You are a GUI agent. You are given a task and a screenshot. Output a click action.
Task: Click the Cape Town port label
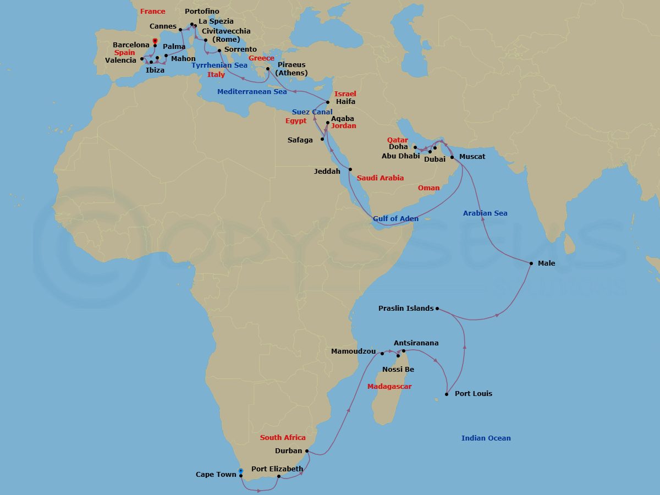pyautogui.click(x=216, y=475)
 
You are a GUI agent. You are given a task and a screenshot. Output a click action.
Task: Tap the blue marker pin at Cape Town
pyautogui.click(x=241, y=471)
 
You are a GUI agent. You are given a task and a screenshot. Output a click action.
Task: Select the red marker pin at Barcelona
pyautogui.click(x=155, y=41)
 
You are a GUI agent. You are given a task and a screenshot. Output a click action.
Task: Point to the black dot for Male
pyautogui.click(x=531, y=263)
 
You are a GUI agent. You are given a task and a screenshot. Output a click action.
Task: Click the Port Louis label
pyautogui.click(x=474, y=394)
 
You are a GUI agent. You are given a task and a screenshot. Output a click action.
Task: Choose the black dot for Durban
pyautogui.click(x=306, y=452)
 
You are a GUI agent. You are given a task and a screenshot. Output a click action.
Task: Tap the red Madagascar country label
pyautogui.click(x=389, y=387)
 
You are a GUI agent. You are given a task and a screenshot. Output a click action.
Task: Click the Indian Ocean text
pyautogui.click(x=486, y=438)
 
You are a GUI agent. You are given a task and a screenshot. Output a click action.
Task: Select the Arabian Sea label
pyautogui.click(x=485, y=213)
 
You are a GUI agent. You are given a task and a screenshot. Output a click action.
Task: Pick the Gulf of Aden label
pyautogui.click(x=395, y=219)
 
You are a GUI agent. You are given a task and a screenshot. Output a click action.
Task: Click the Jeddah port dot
pyautogui.click(x=350, y=169)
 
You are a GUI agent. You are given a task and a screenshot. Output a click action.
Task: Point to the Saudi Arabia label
pyautogui.click(x=380, y=178)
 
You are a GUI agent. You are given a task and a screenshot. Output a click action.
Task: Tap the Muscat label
pyautogui.click(x=472, y=157)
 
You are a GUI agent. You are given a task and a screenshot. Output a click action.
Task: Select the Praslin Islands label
pyautogui.click(x=406, y=309)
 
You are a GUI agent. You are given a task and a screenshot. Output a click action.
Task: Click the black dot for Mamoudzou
pyautogui.click(x=382, y=353)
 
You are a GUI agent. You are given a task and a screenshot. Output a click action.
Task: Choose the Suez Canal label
pyautogui.click(x=312, y=112)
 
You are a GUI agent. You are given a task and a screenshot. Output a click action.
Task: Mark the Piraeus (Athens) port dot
pyautogui.click(x=268, y=69)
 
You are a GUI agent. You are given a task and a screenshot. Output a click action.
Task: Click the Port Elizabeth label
pyautogui.click(x=277, y=469)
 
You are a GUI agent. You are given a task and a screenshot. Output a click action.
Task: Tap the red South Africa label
pyautogui.click(x=283, y=438)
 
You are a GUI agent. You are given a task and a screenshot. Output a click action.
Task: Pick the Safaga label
pyautogui.click(x=300, y=140)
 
